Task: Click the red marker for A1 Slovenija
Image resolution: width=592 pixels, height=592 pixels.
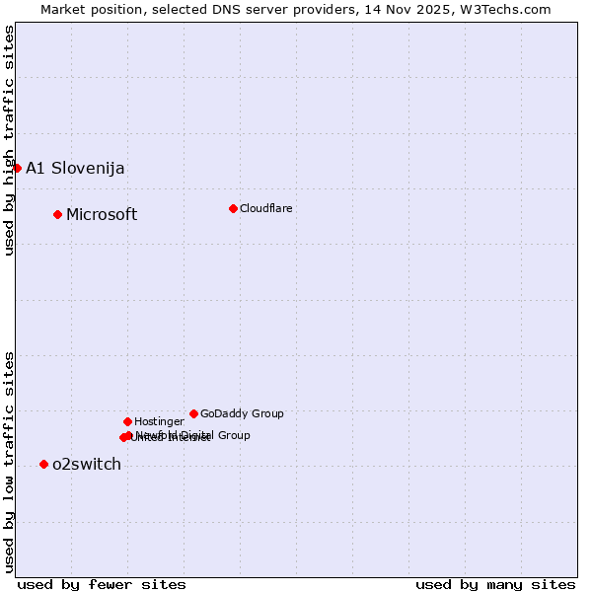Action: click(17, 168)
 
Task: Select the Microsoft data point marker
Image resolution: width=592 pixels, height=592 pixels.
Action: click(57, 214)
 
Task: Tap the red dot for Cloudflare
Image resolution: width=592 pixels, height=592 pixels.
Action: click(233, 208)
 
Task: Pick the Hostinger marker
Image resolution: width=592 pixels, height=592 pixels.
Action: click(127, 421)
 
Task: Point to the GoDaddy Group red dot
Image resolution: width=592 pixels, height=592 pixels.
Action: click(193, 413)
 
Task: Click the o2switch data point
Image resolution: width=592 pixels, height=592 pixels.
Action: click(43, 464)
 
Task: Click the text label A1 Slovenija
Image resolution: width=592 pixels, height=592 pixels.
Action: click(75, 168)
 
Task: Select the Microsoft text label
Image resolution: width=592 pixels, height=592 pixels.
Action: click(102, 215)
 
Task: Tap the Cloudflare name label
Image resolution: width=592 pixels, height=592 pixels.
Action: click(266, 208)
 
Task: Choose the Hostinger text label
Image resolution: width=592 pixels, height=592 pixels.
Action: click(159, 421)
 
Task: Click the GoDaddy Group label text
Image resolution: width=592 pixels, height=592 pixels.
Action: click(242, 413)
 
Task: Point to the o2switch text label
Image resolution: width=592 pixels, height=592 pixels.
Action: click(87, 465)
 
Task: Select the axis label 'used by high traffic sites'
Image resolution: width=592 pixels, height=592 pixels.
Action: click(9, 141)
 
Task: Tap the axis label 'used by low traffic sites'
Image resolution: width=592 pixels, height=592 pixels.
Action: click(9, 461)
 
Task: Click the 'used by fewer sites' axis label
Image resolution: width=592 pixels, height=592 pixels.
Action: click(102, 584)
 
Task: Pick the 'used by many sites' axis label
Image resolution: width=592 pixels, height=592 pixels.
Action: click(495, 584)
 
